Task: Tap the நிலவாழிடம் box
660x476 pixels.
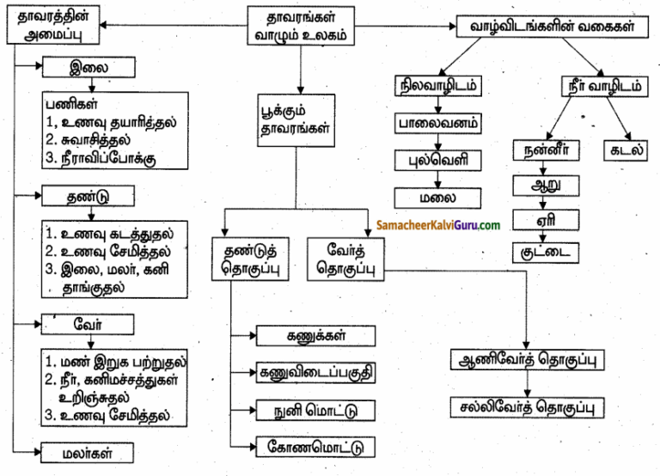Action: (438, 88)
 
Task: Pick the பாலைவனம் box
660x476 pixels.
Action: (438, 123)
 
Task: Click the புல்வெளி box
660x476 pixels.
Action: (438, 161)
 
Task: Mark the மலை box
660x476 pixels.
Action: (438, 198)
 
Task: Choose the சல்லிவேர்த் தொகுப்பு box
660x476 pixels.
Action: (525, 405)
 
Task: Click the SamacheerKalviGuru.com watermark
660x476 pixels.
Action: (438, 225)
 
